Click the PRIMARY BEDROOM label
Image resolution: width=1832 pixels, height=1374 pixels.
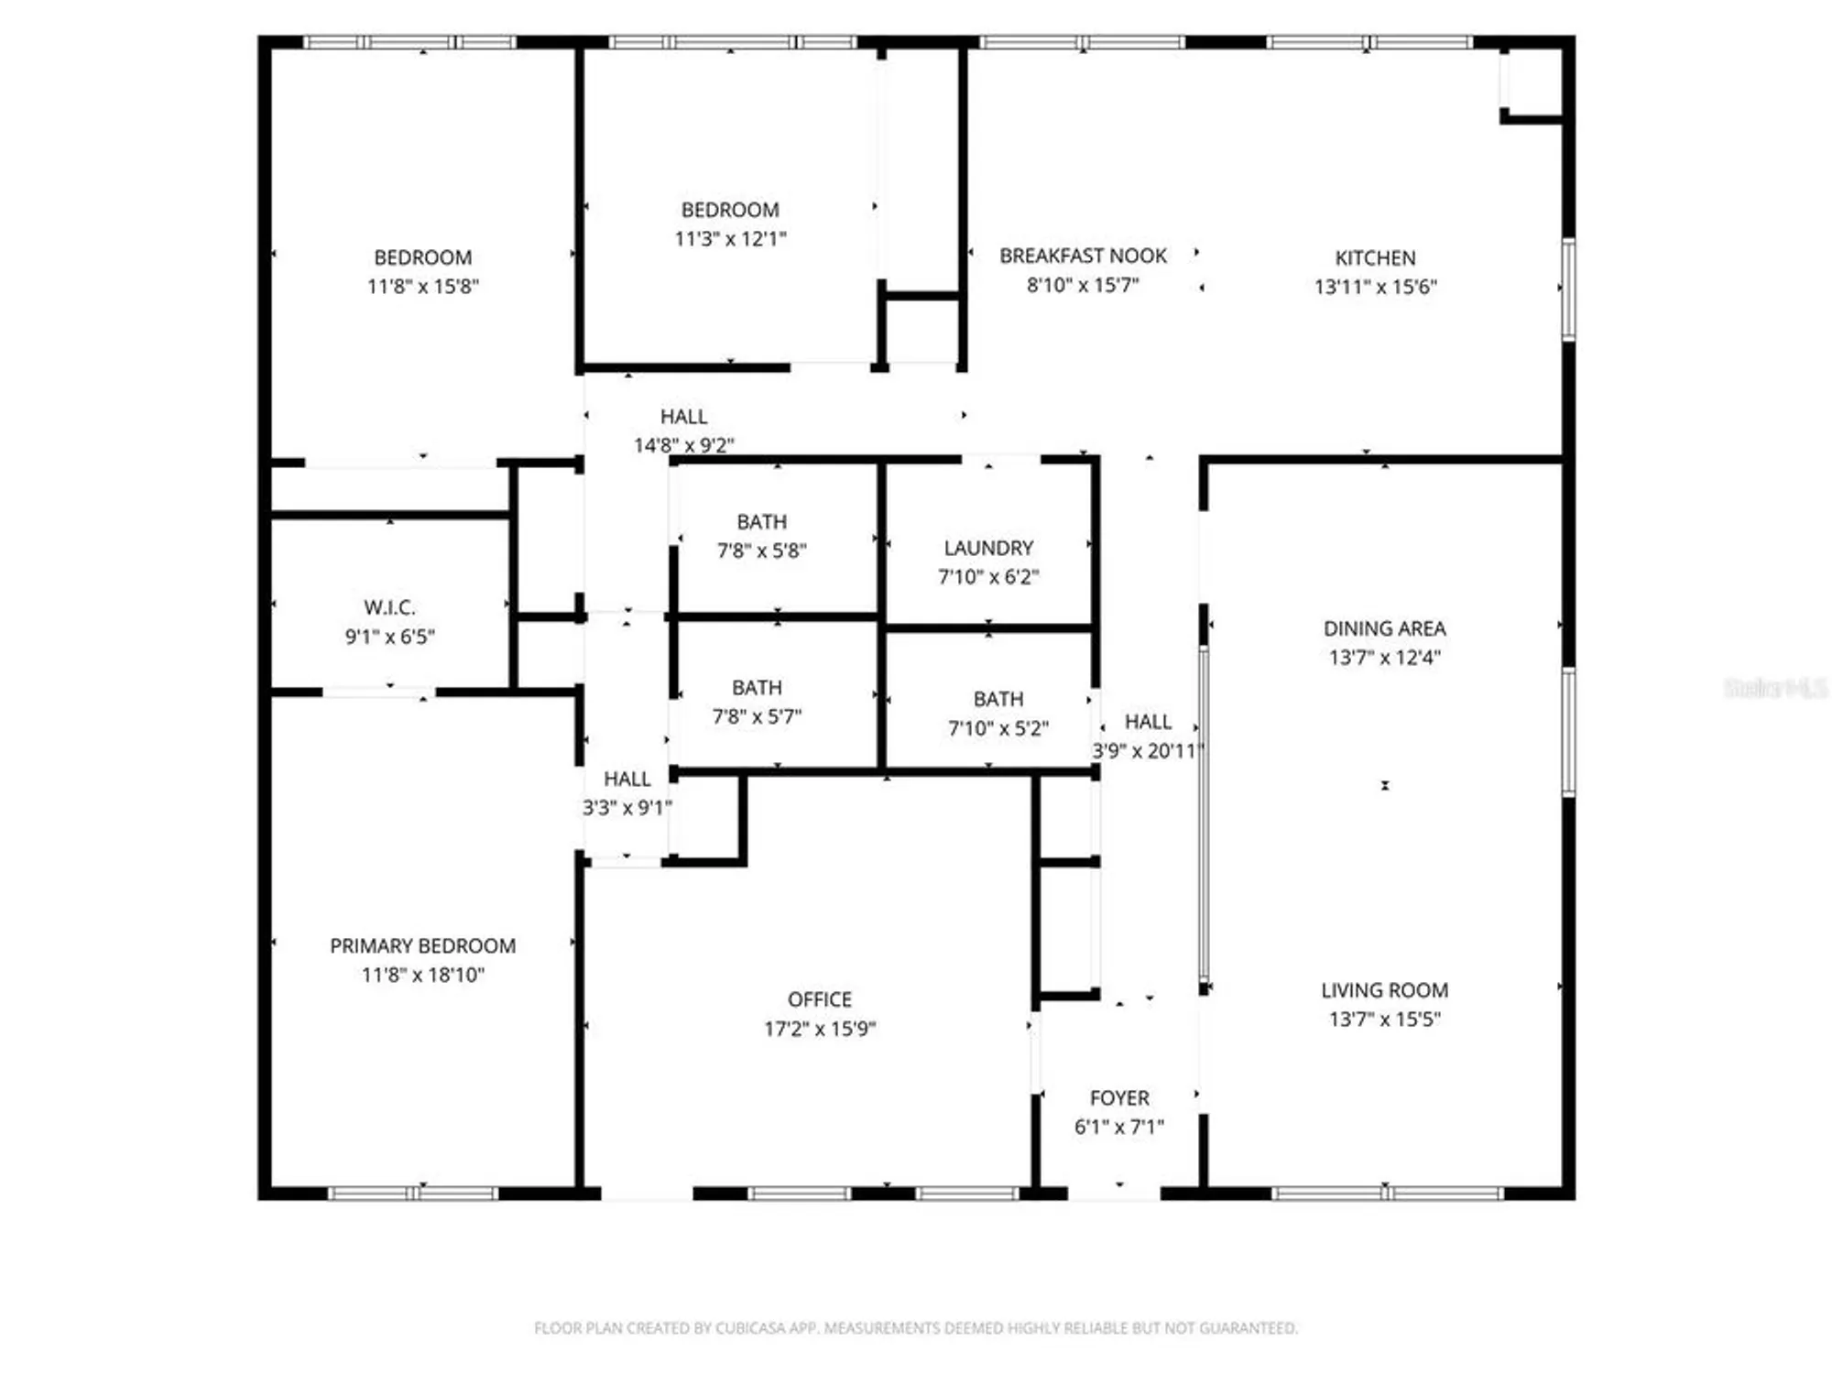pyautogui.click(x=422, y=945)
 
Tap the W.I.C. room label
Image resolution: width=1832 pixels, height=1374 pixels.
pyautogui.click(x=389, y=607)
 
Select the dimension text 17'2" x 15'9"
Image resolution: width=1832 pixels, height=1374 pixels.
pyautogui.click(x=820, y=1029)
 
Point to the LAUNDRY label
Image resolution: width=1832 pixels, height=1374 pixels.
pyautogui.click(x=988, y=548)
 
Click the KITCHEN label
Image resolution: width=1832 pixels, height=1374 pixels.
pyautogui.click(x=1375, y=258)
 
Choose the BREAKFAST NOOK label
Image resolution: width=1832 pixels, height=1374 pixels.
pyautogui.click(x=1083, y=256)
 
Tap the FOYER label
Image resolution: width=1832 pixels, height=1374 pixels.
pyautogui.click(x=1119, y=1097)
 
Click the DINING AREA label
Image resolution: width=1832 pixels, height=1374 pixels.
pyautogui.click(x=1384, y=628)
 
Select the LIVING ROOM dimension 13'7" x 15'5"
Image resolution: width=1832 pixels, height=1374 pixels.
pyautogui.click(x=1384, y=1019)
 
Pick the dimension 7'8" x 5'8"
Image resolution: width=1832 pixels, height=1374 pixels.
pyautogui.click(x=761, y=551)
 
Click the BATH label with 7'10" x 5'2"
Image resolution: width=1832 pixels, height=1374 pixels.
pyautogui.click(x=998, y=699)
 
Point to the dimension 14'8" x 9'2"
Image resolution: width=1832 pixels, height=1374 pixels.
pyautogui.click(x=683, y=445)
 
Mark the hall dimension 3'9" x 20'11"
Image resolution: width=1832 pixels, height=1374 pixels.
pyautogui.click(x=1147, y=751)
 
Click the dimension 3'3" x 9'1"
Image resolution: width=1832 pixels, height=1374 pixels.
pyautogui.click(x=627, y=808)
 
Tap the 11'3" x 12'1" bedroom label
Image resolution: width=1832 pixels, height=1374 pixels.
pyautogui.click(x=730, y=210)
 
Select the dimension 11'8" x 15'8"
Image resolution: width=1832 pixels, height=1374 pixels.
pyautogui.click(x=422, y=287)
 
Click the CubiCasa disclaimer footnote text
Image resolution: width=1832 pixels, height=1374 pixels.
pyautogui.click(x=916, y=1327)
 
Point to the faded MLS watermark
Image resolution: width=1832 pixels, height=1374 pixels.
pyautogui.click(x=1774, y=688)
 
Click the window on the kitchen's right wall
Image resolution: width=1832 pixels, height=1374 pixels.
pyautogui.click(x=1568, y=289)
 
